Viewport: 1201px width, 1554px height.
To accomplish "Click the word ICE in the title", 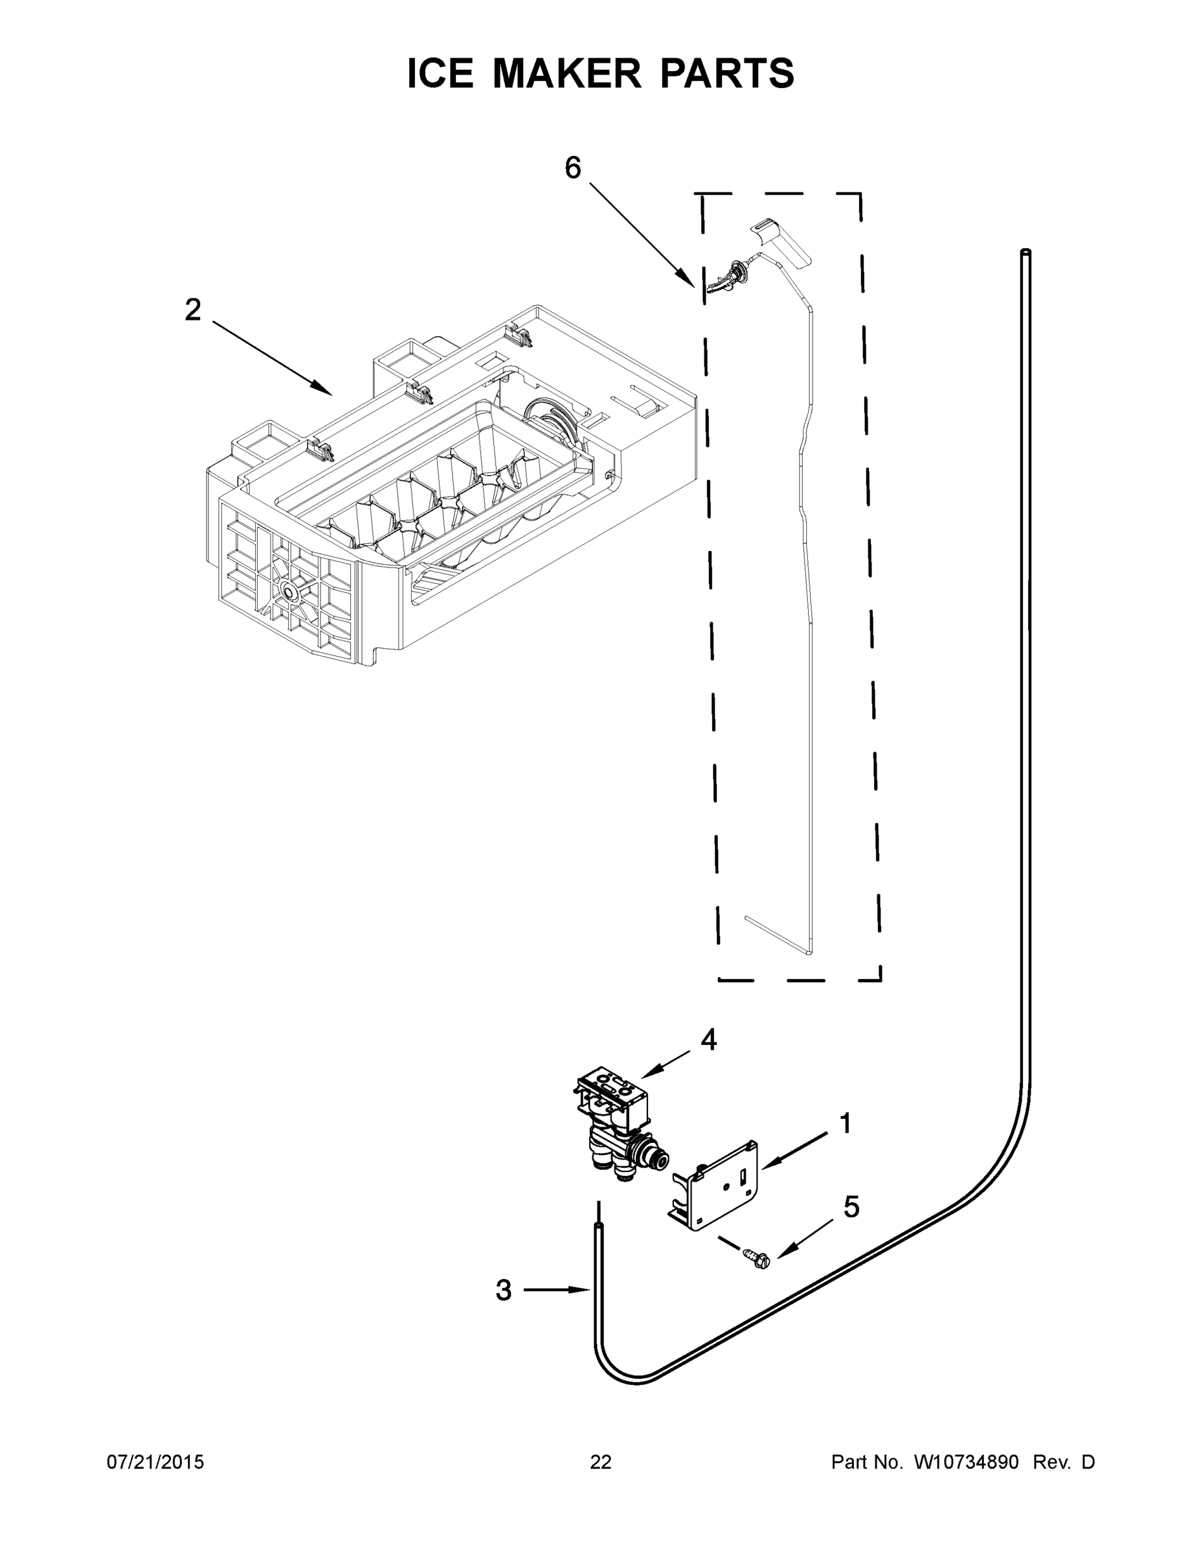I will (x=440, y=73).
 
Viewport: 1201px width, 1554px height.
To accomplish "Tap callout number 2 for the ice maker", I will (x=193, y=310).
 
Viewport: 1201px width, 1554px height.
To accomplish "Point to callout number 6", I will (x=573, y=168).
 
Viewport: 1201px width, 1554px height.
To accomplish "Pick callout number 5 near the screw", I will (x=851, y=1207).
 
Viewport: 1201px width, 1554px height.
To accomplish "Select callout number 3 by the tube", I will (x=504, y=1290).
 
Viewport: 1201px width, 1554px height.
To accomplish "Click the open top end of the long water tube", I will (x=1026, y=252).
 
